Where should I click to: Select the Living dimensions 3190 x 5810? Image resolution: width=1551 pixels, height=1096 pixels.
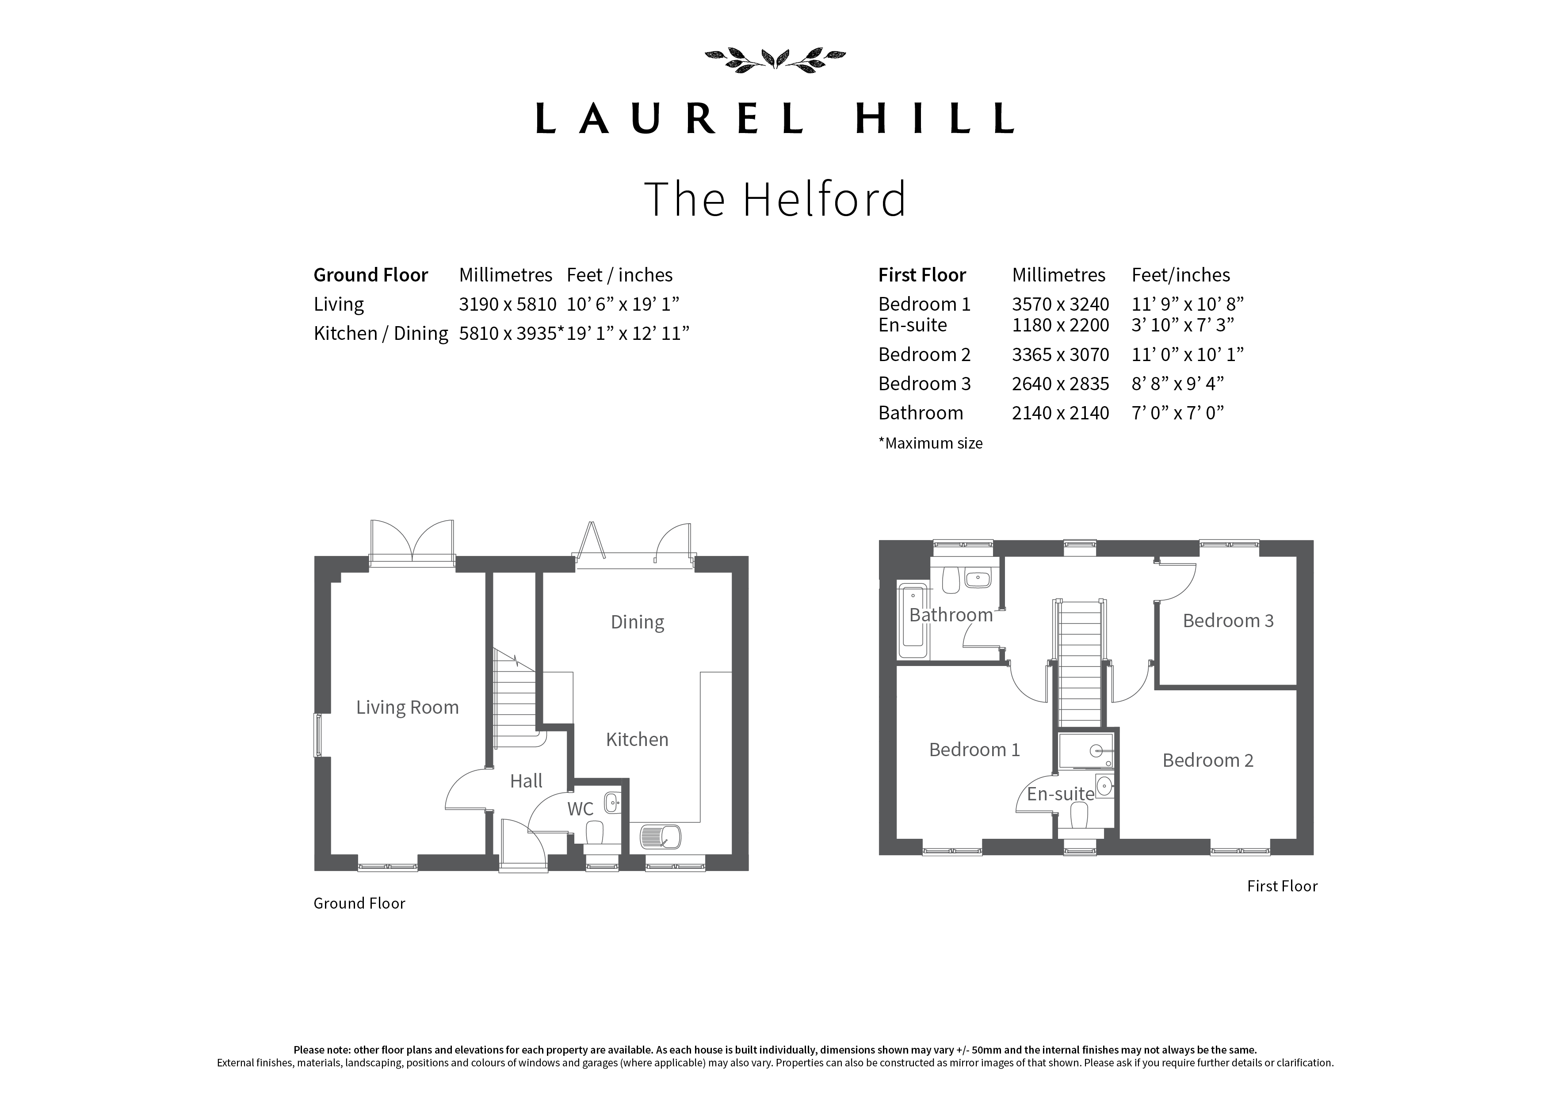coord(507,304)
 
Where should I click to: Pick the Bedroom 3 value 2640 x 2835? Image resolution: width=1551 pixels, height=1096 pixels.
coord(1060,384)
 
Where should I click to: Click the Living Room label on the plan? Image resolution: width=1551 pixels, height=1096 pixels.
coord(407,707)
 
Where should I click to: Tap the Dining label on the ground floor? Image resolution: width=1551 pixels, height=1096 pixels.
coord(637,622)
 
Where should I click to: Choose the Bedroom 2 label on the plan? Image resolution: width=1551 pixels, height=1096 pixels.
coord(1208,761)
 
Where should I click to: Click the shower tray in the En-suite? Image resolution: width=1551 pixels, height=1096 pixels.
coord(1085,751)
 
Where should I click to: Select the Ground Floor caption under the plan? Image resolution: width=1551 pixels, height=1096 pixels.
coord(359,904)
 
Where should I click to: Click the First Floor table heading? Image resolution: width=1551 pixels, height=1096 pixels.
coord(922,275)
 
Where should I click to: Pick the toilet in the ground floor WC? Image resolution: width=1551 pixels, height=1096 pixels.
coord(595,832)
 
